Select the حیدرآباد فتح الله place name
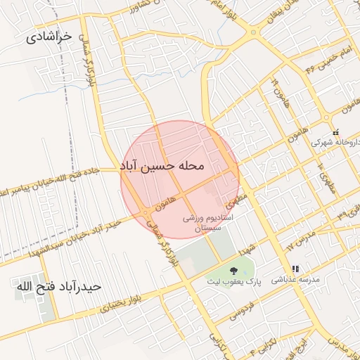(58, 287)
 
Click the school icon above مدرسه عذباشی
(296, 269)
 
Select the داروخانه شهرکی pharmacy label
(335, 141)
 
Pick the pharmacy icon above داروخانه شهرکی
(335, 132)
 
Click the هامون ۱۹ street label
(276, 91)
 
